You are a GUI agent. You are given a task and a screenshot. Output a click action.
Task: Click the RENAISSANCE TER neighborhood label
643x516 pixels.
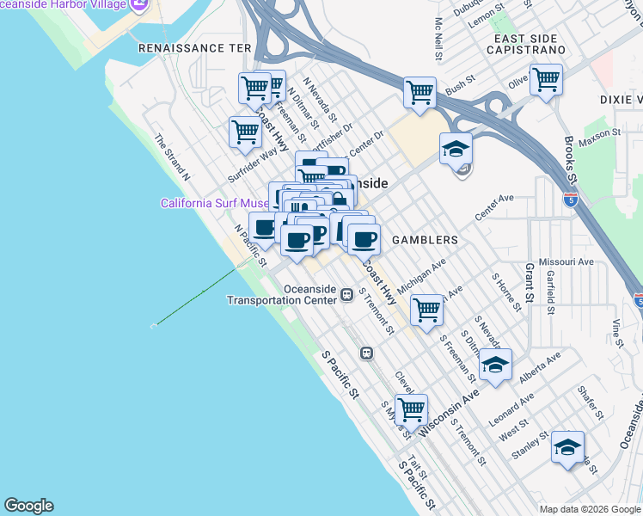(x=193, y=48)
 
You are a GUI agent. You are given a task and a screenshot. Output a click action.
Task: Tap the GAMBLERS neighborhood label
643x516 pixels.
(x=425, y=240)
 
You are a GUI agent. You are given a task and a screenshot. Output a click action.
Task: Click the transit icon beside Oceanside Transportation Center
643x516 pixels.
(x=346, y=294)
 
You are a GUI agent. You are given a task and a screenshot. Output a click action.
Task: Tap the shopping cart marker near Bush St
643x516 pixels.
(x=419, y=93)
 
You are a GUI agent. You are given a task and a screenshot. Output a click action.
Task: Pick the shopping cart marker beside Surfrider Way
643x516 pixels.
(x=245, y=133)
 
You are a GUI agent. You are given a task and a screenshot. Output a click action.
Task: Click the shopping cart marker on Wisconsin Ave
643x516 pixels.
(x=412, y=409)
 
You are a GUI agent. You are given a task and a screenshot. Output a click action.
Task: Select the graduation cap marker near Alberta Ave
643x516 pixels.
(x=494, y=365)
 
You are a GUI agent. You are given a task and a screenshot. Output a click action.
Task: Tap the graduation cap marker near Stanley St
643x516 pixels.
(x=567, y=447)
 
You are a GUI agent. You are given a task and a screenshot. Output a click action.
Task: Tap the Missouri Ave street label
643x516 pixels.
(x=566, y=261)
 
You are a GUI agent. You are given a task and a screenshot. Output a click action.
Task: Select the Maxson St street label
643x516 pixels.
(x=598, y=136)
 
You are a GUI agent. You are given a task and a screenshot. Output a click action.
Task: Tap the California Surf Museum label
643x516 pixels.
(x=215, y=204)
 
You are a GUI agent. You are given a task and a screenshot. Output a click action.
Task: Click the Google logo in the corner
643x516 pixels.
(x=28, y=506)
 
